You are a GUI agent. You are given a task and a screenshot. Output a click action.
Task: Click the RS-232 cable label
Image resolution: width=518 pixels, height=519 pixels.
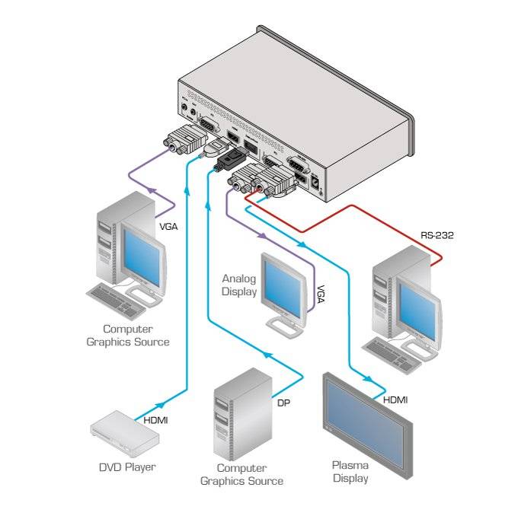[437, 235]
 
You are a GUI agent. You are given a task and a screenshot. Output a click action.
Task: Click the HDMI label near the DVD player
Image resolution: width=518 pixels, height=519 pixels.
[155, 419]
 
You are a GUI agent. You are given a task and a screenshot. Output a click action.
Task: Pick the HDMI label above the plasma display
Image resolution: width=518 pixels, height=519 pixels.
[395, 400]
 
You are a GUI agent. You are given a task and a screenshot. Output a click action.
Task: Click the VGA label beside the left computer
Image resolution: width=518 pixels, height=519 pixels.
[169, 226]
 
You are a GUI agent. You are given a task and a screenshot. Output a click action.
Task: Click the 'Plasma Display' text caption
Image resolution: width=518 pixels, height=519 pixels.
[350, 472]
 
